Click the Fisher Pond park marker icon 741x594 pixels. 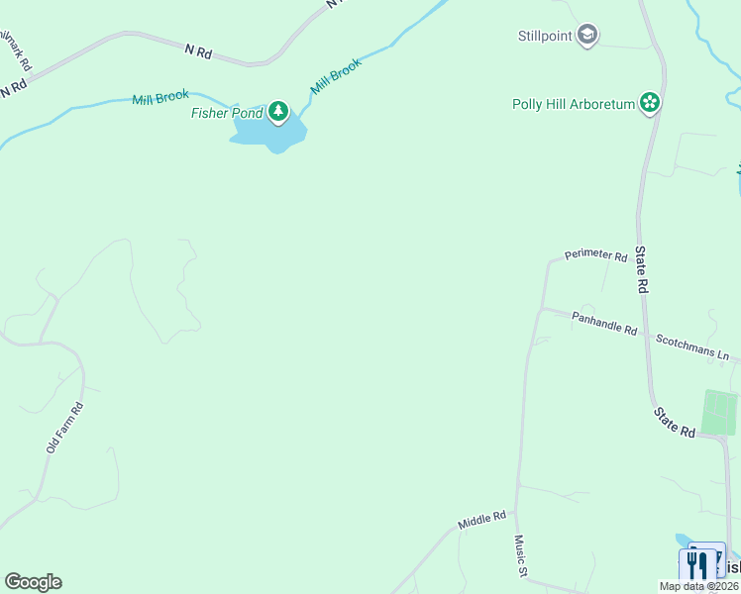click(x=279, y=112)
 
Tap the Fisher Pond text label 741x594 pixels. click(x=227, y=113)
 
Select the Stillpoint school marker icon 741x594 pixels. click(x=587, y=37)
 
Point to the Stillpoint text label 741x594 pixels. click(x=544, y=37)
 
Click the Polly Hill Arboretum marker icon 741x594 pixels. click(x=650, y=102)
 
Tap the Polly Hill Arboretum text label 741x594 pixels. click(x=573, y=104)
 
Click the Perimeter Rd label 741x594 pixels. click(x=596, y=256)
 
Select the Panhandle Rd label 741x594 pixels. click(x=604, y=322)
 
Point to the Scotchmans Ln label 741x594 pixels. click(x=692, y=346)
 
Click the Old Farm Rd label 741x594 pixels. click(x=64, y=428)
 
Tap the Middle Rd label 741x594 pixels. click(x=482, y=520)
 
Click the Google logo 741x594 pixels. click(x=33, y=582)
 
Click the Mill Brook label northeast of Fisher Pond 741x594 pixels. click(x=336, y=76)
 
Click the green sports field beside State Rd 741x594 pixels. click(x=720, y=412)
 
